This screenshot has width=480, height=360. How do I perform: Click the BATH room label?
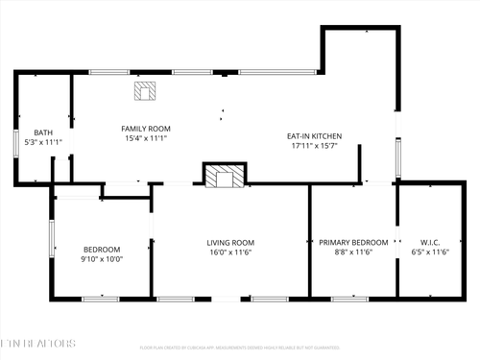coord(43,133)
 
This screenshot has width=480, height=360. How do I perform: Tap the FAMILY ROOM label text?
coord(145,129)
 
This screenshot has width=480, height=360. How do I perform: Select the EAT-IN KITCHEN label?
coord(315,136)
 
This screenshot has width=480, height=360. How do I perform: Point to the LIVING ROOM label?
coord(230,242)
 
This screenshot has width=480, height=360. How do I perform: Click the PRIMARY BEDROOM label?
coord(353,242)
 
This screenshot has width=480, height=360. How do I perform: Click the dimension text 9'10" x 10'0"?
coord(102,258)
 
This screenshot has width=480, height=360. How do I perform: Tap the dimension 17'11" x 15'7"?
coord(315,148)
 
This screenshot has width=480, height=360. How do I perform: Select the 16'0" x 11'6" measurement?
coord(230,252)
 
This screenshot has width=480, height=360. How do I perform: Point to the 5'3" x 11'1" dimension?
coord(43,143)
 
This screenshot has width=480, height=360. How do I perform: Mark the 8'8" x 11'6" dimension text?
coord(353,252)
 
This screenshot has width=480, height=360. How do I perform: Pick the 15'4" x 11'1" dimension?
coord(145,139)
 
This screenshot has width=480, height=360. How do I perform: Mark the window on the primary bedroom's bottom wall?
coord(350,300)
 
